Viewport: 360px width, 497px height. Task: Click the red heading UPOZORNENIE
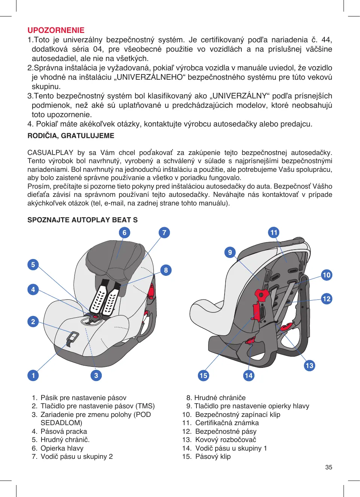coord(56,30)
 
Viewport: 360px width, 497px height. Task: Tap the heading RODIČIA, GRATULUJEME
coord(71,136)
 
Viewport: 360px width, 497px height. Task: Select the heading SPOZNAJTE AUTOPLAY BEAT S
coord(82,220)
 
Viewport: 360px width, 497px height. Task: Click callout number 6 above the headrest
coord(125,233)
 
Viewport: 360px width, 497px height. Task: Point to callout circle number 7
coord(164,233)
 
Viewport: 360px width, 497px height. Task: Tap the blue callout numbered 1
coord(33,375)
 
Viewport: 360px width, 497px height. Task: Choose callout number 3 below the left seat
coord(96,375)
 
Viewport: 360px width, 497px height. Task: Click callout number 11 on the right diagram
coord(274,233)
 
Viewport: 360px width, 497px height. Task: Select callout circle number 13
coord(309,366)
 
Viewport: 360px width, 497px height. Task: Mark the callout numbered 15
coord(203,375)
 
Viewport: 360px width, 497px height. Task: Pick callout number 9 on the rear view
coord(230,252)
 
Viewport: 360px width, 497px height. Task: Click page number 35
coord(329,467)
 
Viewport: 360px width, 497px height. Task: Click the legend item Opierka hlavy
coord(62,448)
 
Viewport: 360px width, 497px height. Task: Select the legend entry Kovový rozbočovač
coord(225,440)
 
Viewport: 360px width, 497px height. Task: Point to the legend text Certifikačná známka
coord(227,423)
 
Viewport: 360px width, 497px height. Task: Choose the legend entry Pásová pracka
coord(64,432)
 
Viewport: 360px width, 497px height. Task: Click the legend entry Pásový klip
coord(213,457)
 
